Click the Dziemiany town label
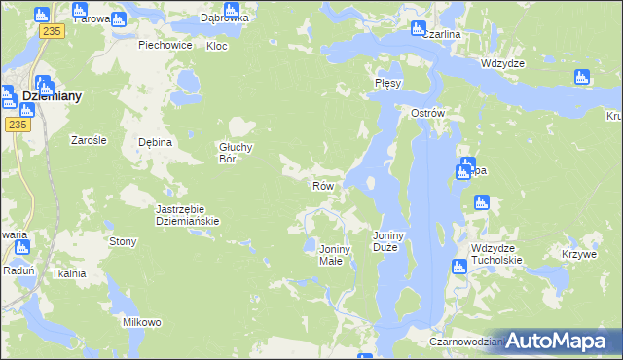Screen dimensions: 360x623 coord(52,97)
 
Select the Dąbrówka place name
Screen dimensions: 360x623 coord(224,18)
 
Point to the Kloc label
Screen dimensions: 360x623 coord(217,46)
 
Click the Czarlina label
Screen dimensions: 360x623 coord(441,34)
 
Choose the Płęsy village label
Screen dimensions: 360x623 coord(388,84)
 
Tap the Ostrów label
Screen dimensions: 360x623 coord(427,113)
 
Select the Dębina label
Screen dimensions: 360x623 coord(155,142)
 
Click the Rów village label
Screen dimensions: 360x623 coord(323,185)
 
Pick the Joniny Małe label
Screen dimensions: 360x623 coord(336,255)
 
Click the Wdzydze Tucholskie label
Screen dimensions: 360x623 coord(496,254)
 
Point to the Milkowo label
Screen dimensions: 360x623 coord(141,322)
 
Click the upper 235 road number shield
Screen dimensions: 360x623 coord(53,31)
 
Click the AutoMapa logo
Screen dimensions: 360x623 coord(557,341)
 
